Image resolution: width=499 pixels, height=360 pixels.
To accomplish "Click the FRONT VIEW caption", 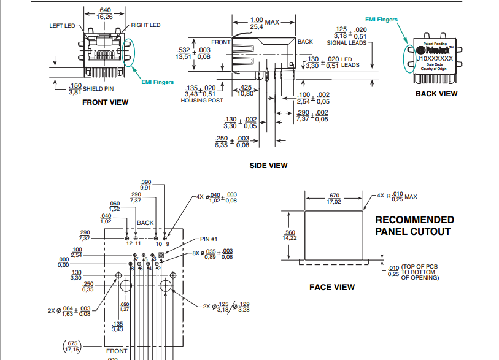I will (x=106, y=102).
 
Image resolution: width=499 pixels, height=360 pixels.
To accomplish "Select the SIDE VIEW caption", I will (x=268, y=165).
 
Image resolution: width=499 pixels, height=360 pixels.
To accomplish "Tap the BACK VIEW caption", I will (x=436, y=94).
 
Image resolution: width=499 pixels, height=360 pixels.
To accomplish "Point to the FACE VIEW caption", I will (x=332, y=287).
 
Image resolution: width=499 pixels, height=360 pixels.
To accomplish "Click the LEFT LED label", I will (x=62, y=26).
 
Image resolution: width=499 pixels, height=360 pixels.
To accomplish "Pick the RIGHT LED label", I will (x=145, y=25).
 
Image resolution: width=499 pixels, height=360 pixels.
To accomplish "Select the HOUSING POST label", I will (x=202, y=101).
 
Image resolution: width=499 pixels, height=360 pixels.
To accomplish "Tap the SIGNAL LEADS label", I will (x=347, y=43).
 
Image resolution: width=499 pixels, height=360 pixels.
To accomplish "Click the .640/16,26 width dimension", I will (x=105, y=13).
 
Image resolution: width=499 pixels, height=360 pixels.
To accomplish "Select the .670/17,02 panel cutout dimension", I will (x=334, y=198).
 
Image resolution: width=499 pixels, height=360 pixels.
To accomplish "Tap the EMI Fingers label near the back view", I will (x=382, y=20).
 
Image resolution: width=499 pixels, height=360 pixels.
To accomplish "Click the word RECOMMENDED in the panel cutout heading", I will (x=415, y=220).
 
